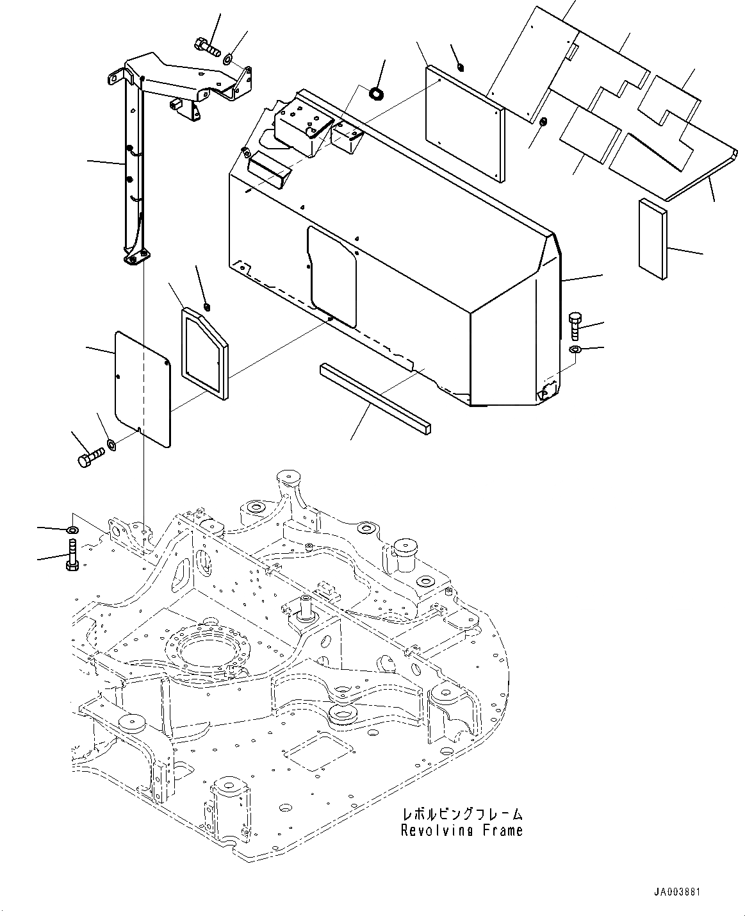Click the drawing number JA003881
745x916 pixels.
[x=682, y=893]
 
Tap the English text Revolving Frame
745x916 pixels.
[x=461, y=831]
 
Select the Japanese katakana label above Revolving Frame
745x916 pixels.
[x=461, y=814]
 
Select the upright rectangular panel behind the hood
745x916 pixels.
[x=465, y=122]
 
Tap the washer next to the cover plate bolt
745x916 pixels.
[x=111, y=444]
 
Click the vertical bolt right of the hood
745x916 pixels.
[x=574, y=326]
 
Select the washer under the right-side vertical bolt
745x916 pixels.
[x=575, y=349]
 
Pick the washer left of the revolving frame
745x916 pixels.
[x=72, y=530]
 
